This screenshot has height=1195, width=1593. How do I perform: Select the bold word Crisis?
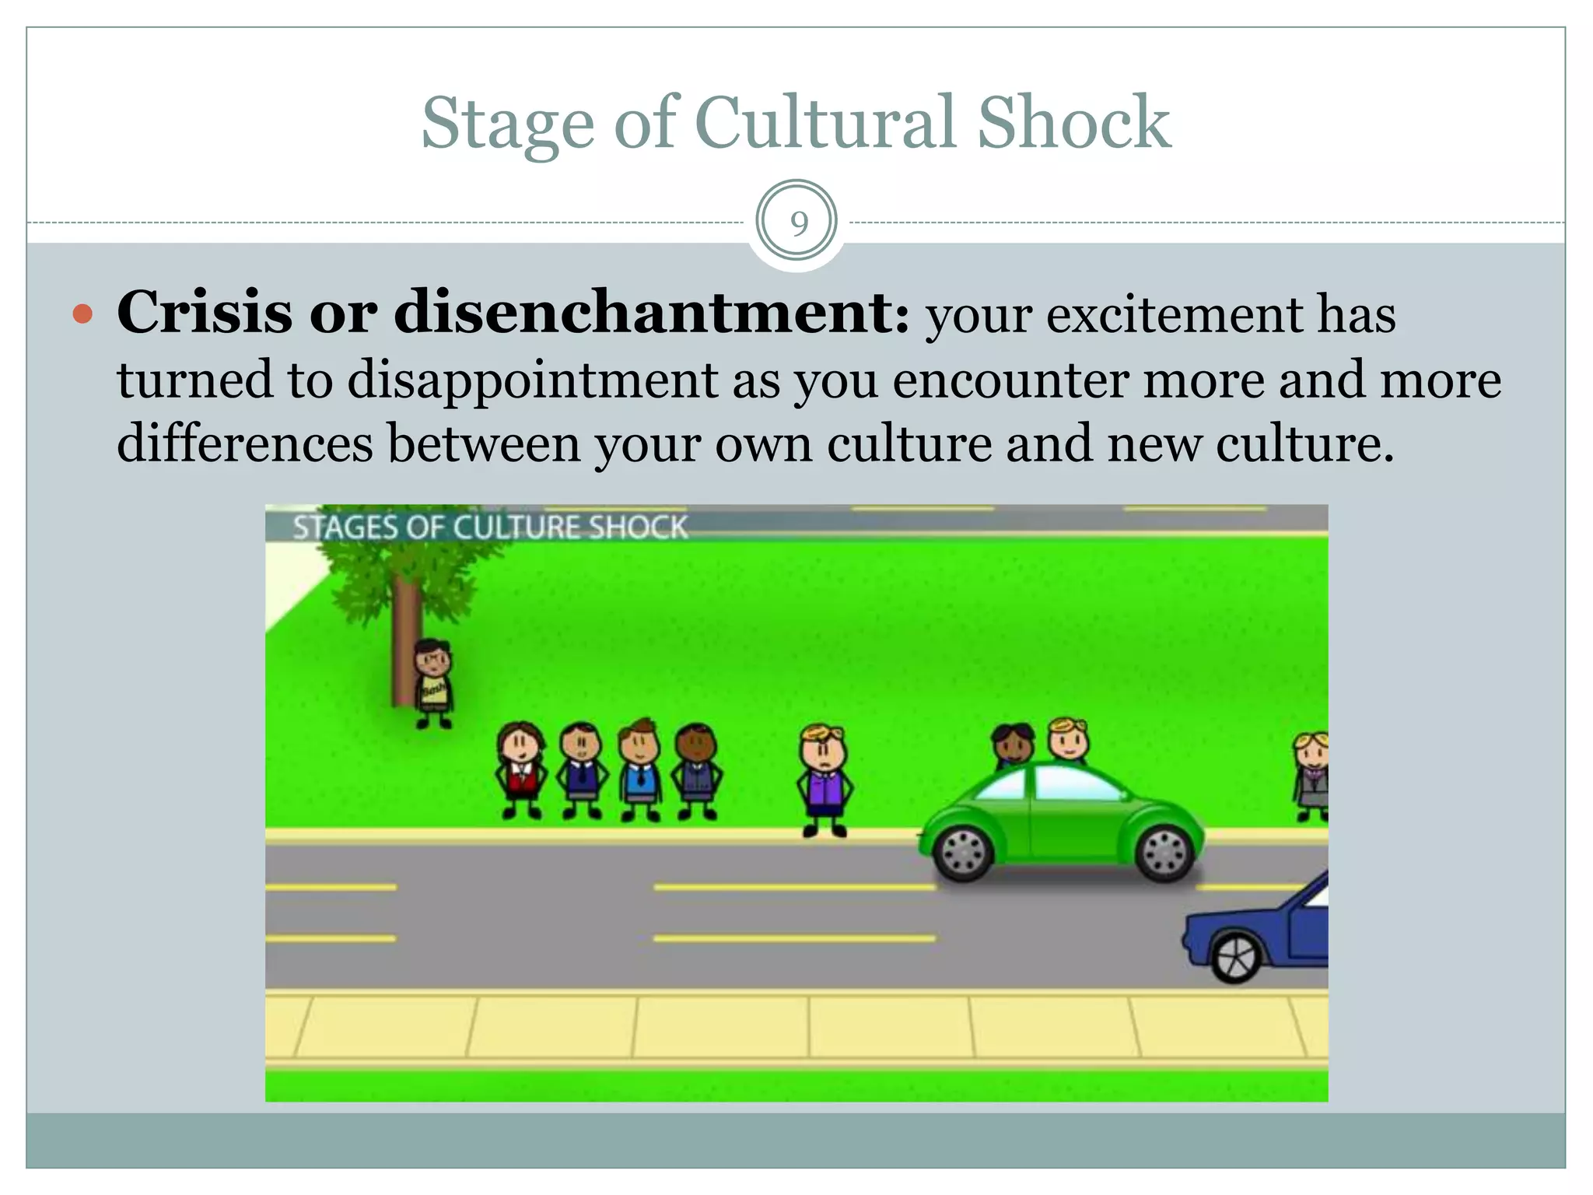pyautogui.click(x=204, y=313)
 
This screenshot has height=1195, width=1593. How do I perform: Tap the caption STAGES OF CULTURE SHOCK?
pyautogui.click(x=490, y=527)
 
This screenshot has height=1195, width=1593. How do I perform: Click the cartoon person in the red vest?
pyautogui.click(x=520, y=770)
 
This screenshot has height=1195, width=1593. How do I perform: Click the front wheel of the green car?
pyautogui.click(x=964, y=852)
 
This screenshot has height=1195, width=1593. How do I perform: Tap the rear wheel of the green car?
pyautogui.click(x=1164, y=852)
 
